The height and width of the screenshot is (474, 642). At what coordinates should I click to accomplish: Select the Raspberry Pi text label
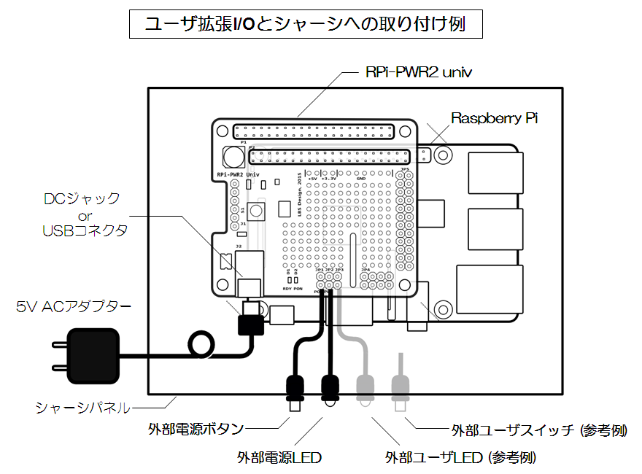click(x=494, y=118)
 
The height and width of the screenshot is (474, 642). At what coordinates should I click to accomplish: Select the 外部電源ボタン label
click(x=196, y=429)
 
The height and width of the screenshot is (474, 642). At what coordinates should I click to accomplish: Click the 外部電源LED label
click(x=279, y=458)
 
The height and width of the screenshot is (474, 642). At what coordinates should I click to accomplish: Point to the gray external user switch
click(x=399, y=386)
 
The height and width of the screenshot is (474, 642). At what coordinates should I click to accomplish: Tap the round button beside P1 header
click(x=233, y=156)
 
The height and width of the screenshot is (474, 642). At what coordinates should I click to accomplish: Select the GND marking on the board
click(x=360, y=177)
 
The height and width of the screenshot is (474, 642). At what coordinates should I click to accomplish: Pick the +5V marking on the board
click(x=313, y=177)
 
